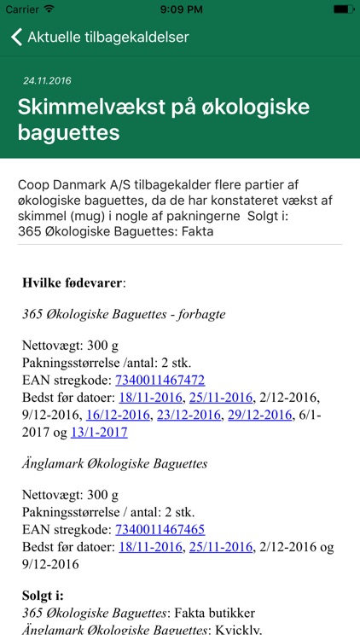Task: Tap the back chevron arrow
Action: [16, 38]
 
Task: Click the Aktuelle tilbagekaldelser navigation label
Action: [107, 38]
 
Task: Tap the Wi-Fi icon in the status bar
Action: [49, 9]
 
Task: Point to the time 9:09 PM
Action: [180, 9]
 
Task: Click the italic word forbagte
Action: [197, 314]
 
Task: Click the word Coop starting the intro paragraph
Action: [32, 185]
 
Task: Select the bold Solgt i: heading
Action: [44, 596]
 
